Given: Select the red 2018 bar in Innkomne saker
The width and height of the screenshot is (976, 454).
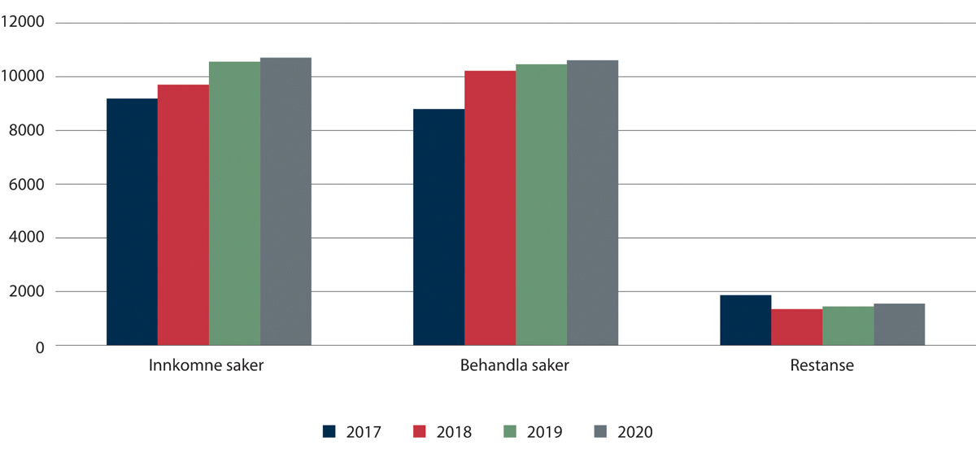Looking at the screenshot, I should [x=183, y=215].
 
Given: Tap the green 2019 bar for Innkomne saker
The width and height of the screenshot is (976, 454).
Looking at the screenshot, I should [x=234, y=203].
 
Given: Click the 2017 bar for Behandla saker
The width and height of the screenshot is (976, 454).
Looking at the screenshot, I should [x=438, y=227].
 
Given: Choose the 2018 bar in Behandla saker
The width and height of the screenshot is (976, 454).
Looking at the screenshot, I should [x=490, y=208].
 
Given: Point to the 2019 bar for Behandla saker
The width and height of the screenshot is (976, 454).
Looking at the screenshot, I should [x=541, y=205].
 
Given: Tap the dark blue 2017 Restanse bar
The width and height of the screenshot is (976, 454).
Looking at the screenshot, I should [x=745, y=321].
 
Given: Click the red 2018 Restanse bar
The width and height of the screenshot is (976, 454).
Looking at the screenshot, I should [x=796, y=327].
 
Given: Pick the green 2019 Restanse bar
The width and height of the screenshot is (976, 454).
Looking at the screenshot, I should [x=847, y=325].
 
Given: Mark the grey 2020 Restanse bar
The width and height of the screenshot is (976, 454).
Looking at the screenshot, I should [x=899, y=325].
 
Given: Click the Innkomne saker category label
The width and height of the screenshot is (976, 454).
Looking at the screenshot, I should [x=207, y=366].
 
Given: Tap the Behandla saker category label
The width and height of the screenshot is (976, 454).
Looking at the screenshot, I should [x=513, y=366].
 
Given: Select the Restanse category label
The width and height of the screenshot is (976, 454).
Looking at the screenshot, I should [x=821, y=366].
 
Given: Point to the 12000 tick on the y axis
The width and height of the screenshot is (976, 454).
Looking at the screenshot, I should [x=26, y=23].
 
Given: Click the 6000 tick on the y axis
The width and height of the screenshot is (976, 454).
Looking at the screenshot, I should [x=29, y=185].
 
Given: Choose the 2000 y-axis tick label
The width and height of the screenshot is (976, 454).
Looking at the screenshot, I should [x=29, y=292].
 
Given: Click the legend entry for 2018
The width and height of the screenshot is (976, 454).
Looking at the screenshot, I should [x=443, y=432].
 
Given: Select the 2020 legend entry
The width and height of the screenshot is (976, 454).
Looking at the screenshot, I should [x=624, y=432].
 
